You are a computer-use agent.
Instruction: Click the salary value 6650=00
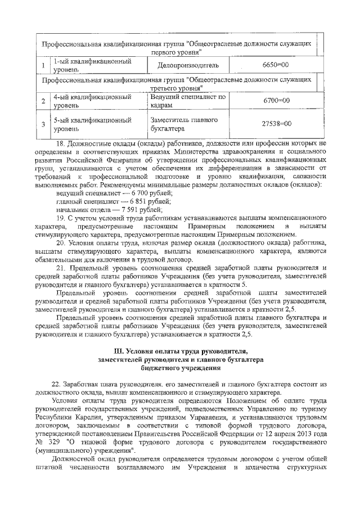[x=276, y=65]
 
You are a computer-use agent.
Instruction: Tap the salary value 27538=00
[x=277, y=123]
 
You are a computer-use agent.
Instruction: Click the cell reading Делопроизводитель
[x=187, y=65]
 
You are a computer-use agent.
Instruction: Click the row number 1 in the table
[x=43, y=66]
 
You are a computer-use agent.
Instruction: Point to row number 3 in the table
[x=43, y=124]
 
